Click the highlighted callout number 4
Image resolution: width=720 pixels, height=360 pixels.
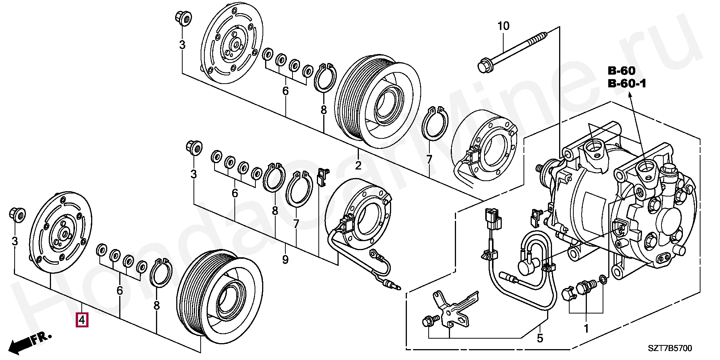point(82,320)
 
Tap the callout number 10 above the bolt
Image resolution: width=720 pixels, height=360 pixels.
point(503,26)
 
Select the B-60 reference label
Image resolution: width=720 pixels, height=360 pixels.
point(621,70)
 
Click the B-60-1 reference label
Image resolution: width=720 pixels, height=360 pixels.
point(627,84)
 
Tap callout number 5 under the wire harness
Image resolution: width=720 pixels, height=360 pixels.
point(540,338)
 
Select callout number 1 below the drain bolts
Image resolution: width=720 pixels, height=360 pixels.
point(586,329)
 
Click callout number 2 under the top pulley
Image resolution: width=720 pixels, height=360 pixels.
point(358,165)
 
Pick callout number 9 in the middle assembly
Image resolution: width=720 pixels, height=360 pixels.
point(285,259)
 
